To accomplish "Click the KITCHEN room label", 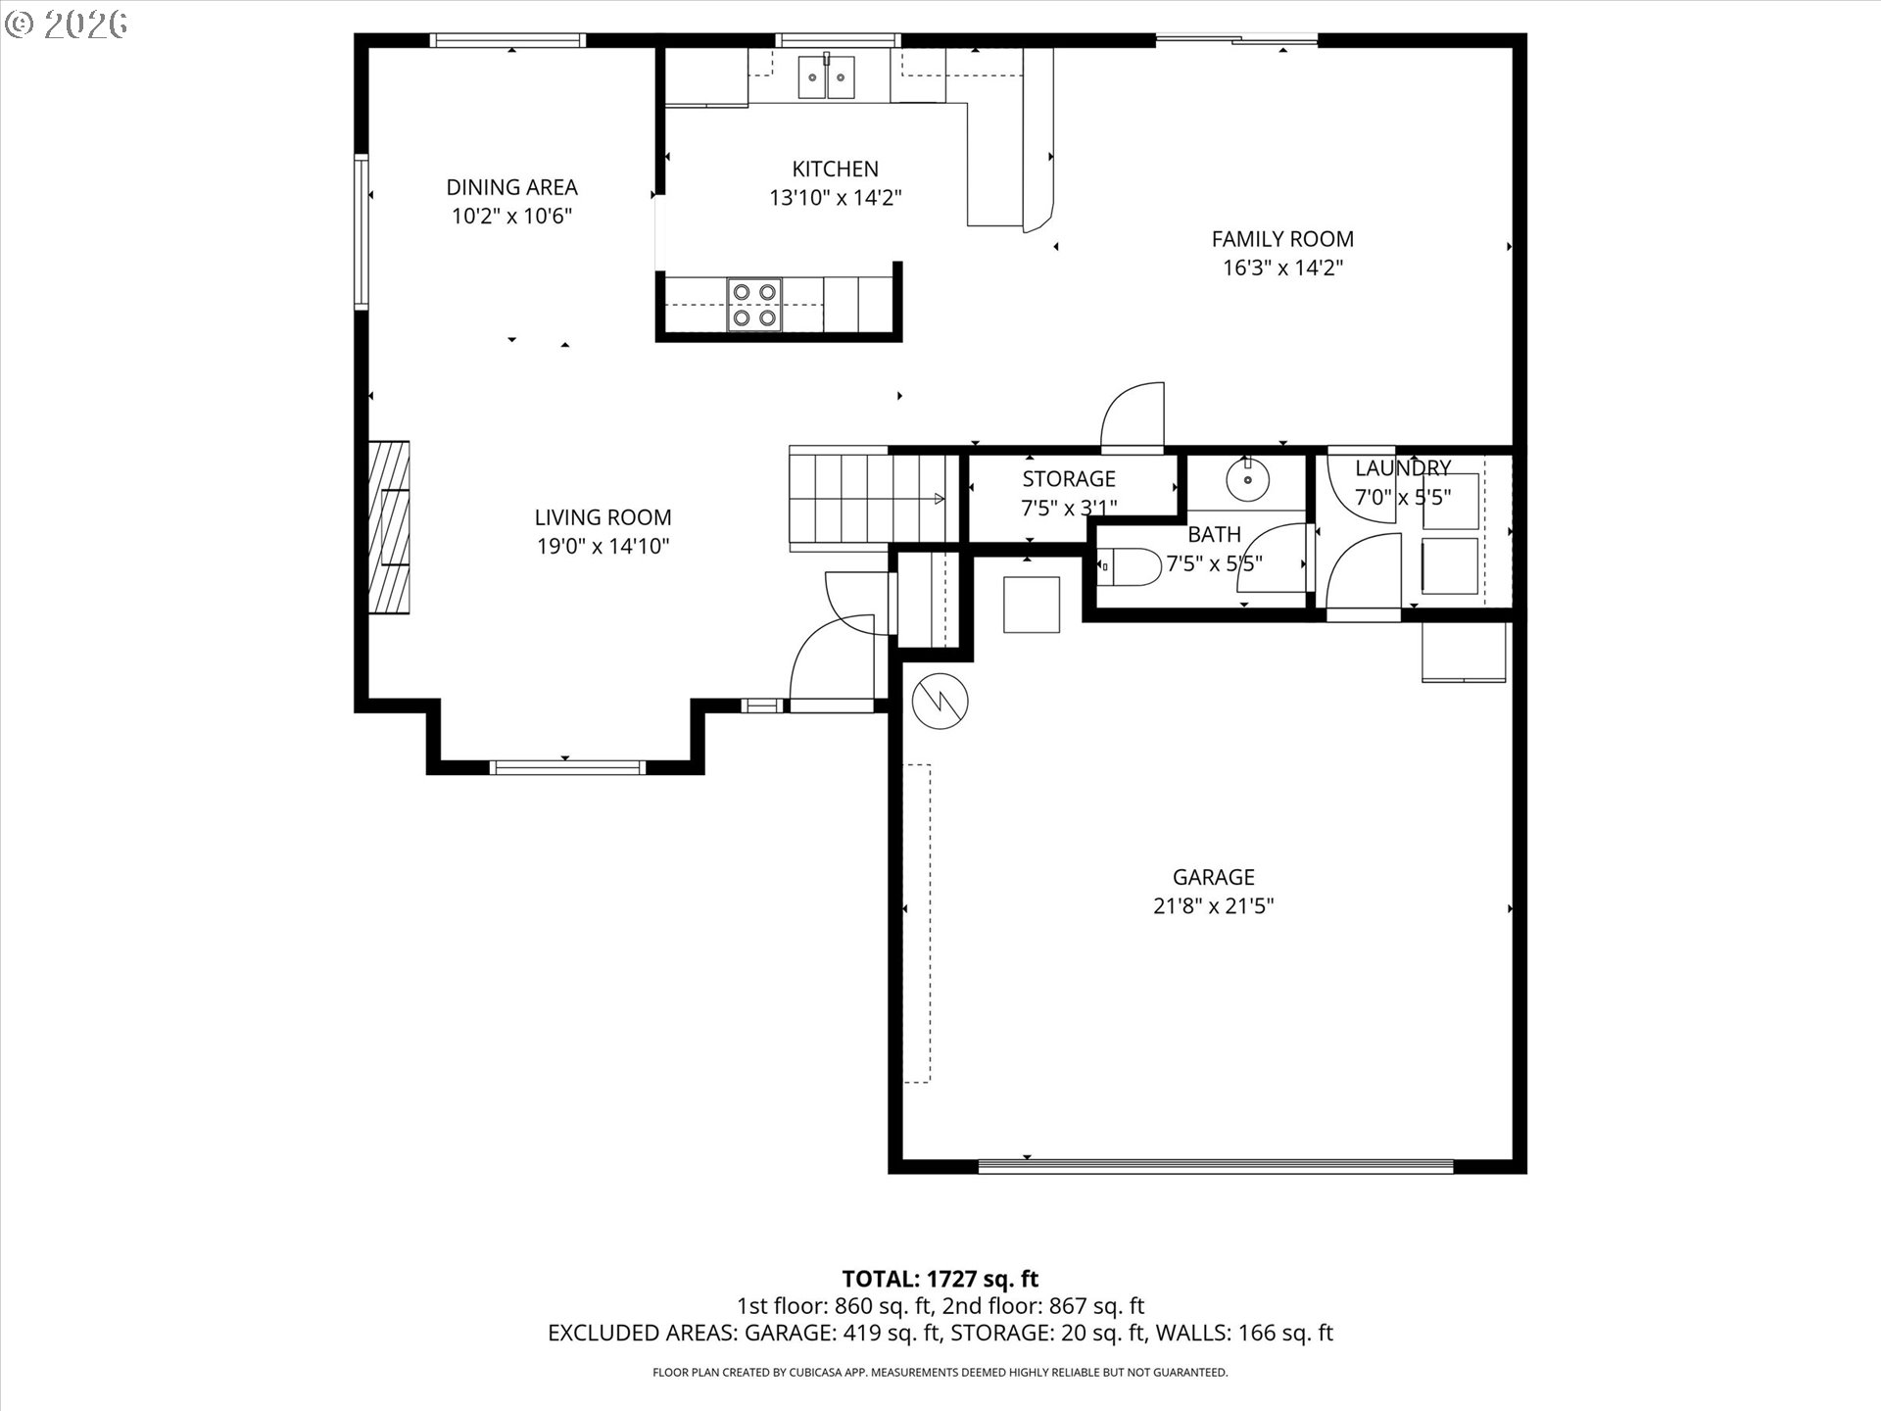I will coord(835,169).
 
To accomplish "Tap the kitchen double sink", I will coord(826,76).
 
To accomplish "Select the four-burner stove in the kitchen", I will coord(753,305).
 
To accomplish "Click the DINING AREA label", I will coord(511,187).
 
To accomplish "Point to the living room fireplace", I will coord(389,527).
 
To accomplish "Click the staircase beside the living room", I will coord(867,499).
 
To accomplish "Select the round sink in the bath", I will coord(1246,480).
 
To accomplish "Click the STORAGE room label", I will coord(1068,479).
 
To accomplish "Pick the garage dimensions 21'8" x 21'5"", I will coord(1213,906).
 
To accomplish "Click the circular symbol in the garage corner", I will coord(940,700).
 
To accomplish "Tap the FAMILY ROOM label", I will coord(1281,239).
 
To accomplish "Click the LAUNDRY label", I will coord(1402,468).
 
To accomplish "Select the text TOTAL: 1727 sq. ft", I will coord(940,1279).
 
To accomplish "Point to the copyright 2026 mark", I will coord(67,24).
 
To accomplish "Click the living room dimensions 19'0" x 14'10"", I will coord(603,547).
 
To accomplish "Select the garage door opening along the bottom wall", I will coord(1215,1166).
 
